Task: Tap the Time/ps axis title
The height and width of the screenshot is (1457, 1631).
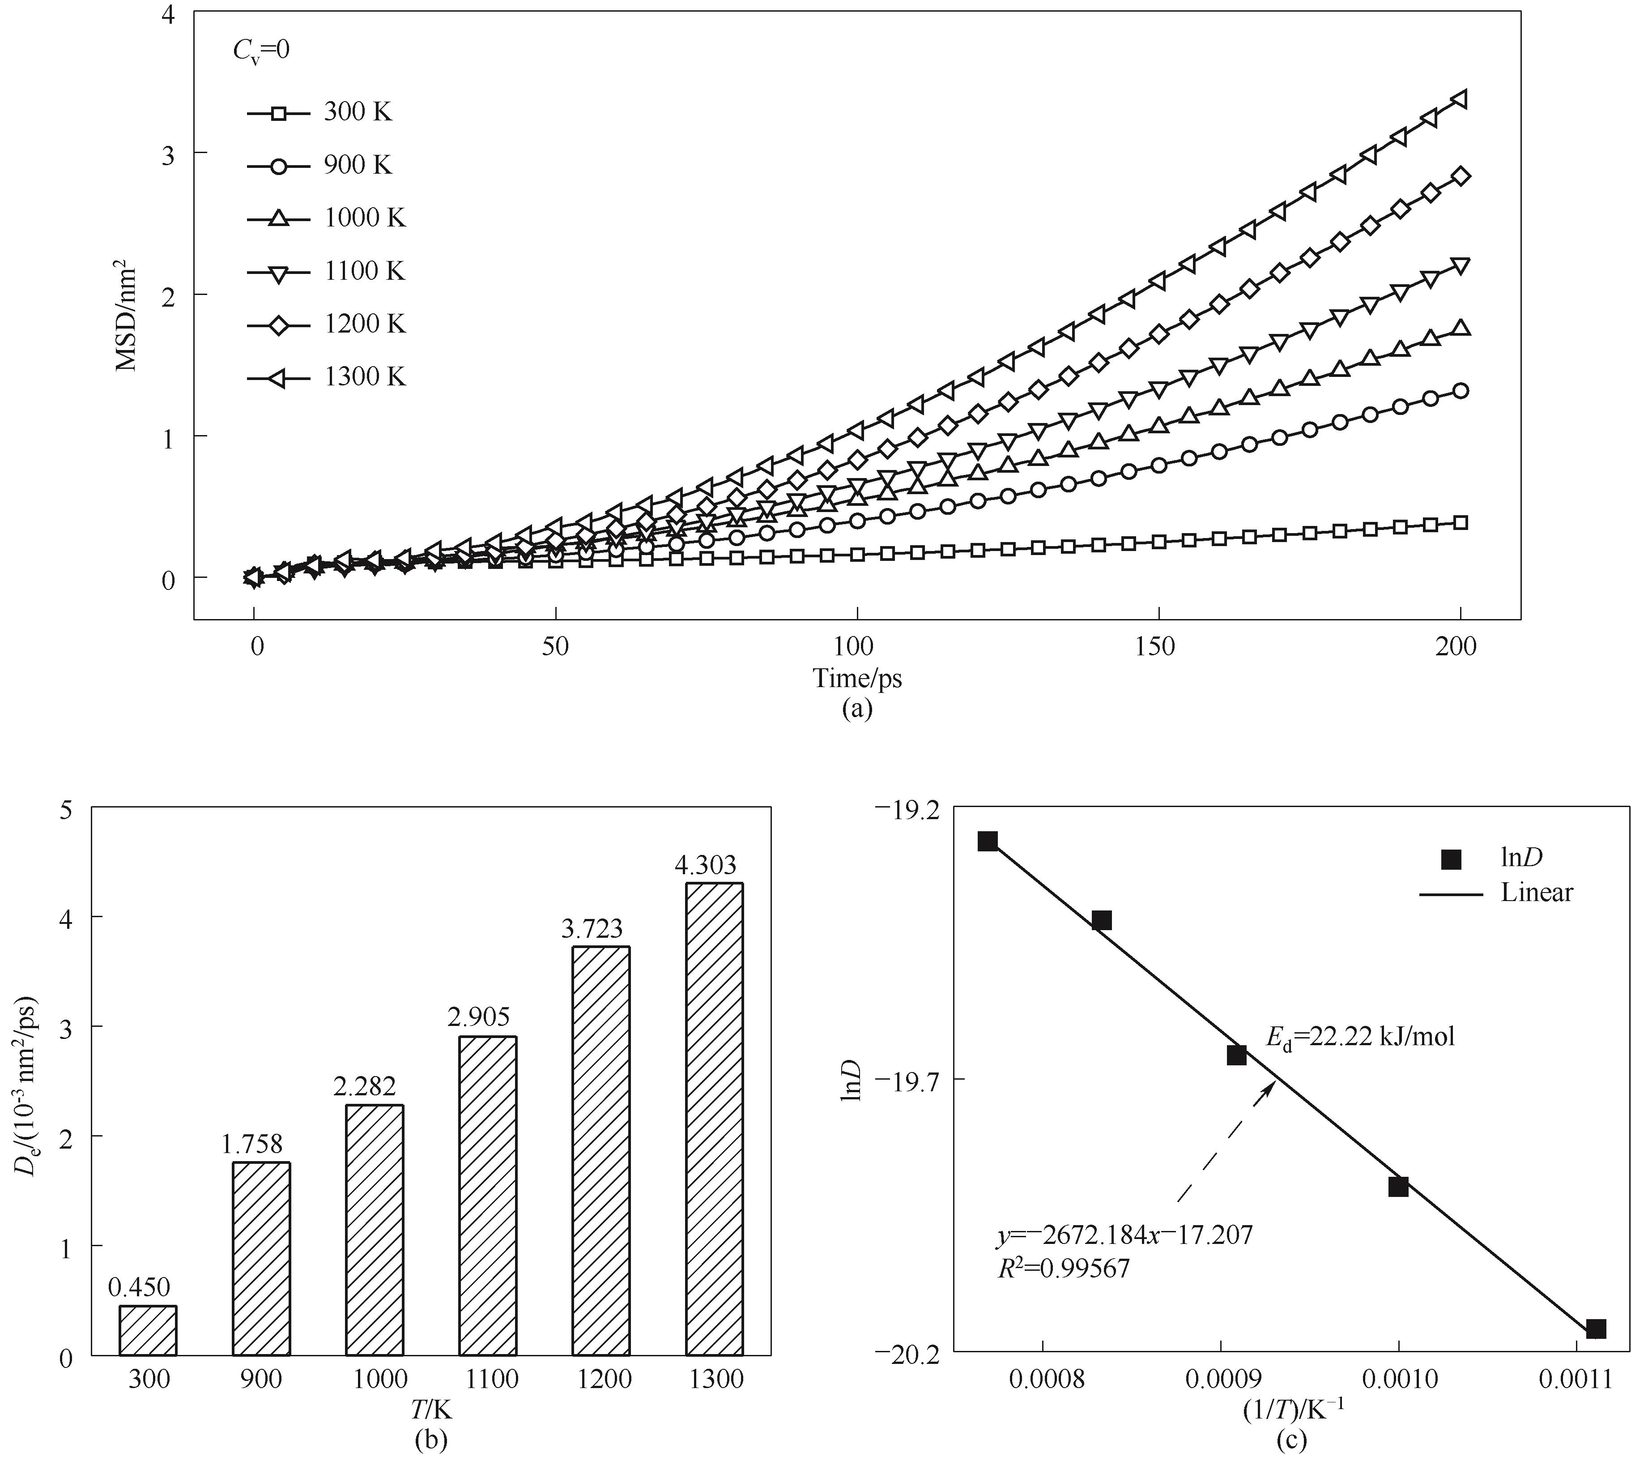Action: tap(857, 679)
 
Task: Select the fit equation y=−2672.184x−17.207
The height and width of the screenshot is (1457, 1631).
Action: tap(1124, 1235)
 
